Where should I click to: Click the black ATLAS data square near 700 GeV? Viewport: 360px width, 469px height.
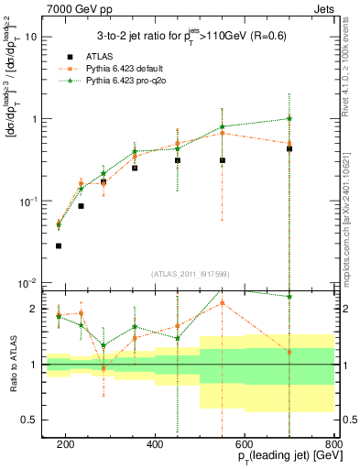[289, 148]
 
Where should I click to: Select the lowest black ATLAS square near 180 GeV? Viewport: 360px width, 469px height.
[59, 245]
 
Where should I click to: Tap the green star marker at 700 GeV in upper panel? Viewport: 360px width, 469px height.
[289, 118]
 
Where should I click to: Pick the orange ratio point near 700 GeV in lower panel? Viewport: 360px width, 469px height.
[289, 352]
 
